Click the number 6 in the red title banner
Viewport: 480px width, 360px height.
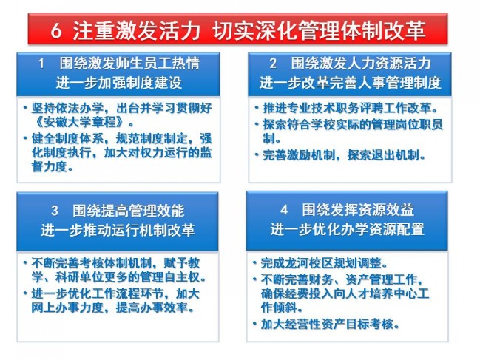[56, 30]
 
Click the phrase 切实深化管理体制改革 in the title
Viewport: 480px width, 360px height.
[320, 30]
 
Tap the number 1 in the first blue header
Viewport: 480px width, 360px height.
[41, 64]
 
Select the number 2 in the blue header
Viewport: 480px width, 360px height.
[274, 64]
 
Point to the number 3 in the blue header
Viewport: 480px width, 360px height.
[55, 211]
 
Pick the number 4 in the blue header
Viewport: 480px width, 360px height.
[284, 210]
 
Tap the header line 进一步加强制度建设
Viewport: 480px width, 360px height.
[119, 83]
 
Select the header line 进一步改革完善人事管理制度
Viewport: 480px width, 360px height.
[351, 83]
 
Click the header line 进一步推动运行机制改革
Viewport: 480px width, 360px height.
[118, 230]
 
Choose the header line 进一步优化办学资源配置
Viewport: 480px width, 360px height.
[347, 229]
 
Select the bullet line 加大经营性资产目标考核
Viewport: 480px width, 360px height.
[331, 325]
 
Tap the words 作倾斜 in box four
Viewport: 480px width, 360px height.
[279, 308]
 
